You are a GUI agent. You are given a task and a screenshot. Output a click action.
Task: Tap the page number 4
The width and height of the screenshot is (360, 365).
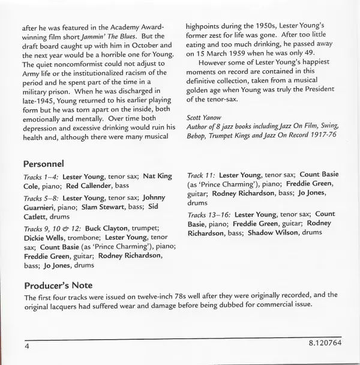click(27, 347)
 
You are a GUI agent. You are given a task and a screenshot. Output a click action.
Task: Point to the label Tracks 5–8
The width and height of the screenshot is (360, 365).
click(41, 197)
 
